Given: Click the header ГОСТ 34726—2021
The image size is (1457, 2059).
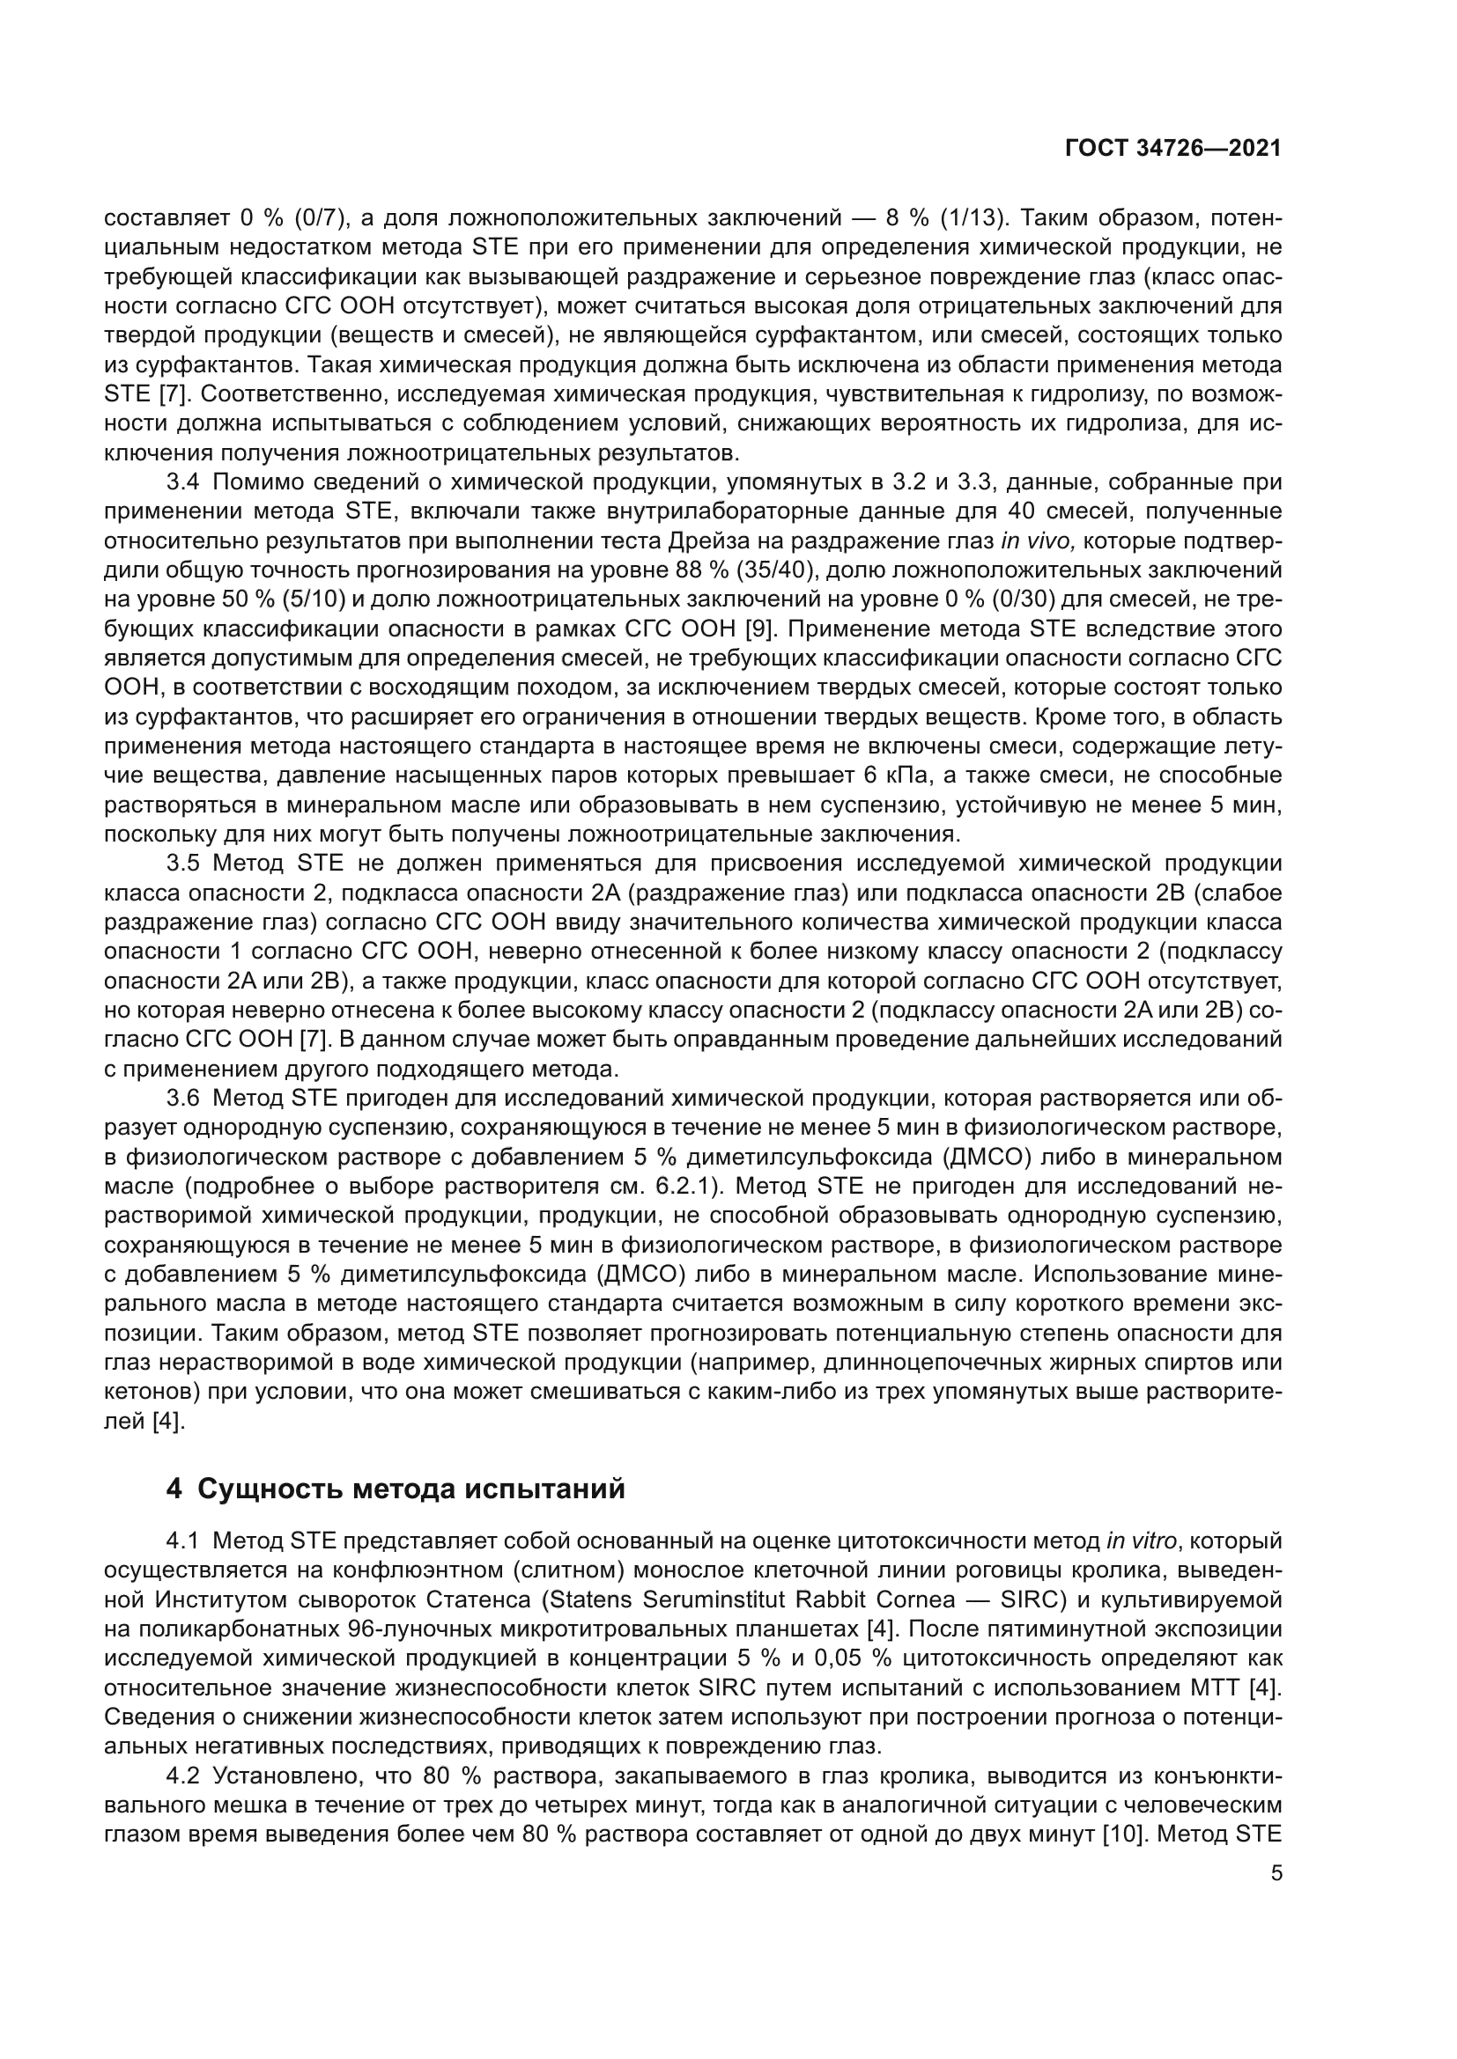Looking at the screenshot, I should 1172,148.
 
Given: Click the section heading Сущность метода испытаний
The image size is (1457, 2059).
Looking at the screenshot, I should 396,1489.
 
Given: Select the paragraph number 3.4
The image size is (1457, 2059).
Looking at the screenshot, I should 183,482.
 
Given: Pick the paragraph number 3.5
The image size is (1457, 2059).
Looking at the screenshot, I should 183,864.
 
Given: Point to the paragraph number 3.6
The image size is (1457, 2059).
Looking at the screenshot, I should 183,1099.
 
